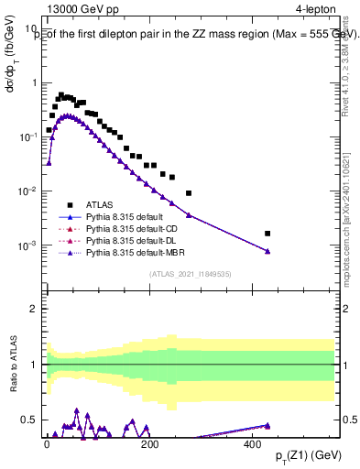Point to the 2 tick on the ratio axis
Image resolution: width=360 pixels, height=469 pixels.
pyautogui.click(x=32, y=309)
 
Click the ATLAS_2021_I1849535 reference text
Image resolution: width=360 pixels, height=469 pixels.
pyautogui.click(x=188, y=274)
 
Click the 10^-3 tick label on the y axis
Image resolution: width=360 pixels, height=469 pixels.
pyautogui.click(x=27, y=245)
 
